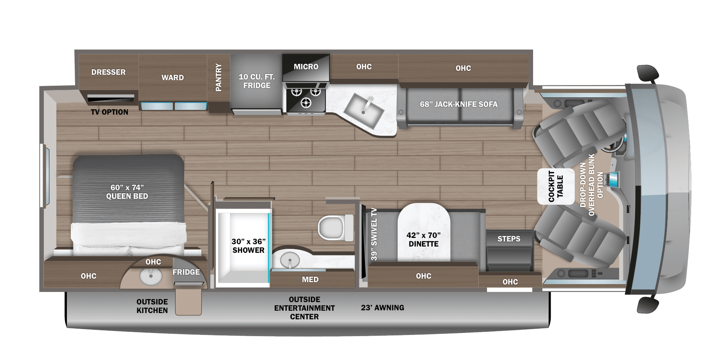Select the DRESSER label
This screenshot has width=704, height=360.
pyautogui.click(x=108, y=72)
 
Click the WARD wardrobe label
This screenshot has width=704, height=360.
pyautogui.click(x=172, y=77)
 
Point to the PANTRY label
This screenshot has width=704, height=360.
pyautogui.click(x=219, y=77)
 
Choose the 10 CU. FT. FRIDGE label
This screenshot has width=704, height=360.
pyautogui.click(x=257, y=81)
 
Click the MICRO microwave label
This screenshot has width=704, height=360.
pyautogui.click(x=306, y=67)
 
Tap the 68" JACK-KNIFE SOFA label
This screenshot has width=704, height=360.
pyautogui.click(x=459, y=104)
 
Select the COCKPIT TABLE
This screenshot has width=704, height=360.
pyautogui.click(x=555, y=186)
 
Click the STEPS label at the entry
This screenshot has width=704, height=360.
pyautogui.click(x=509, y=239)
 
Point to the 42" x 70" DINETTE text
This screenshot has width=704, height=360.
pyautogui.click(x=424, y=239)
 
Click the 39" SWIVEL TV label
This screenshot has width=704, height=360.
pyautogui.click(x=374, y=234)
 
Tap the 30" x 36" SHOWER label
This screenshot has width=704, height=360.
pyautogui.click(x=248, y=246)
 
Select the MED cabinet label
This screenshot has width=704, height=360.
pyautogui.click(x=310, y=279)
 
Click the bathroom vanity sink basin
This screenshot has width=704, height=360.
pyautogui.click(x=290, y=259)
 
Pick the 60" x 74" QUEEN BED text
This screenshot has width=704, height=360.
pyautogui.click(x=127, y=192)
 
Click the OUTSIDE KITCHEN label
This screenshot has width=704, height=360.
pyautogui.click(x=152, y=306)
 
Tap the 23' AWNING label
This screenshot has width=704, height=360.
pyautogui.click(x=383, y=308)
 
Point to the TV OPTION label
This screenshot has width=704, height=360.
pyautogui.click(x=110, y=112)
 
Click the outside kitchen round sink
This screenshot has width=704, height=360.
pyautogui.click(x=151, y=277)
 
